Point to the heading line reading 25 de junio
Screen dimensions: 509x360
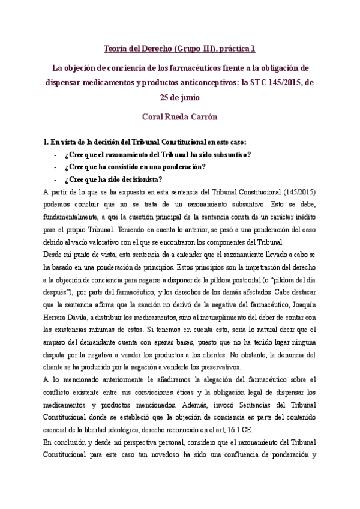[x=180, y=96]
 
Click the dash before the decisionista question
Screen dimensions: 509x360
[x=55, y=179]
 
